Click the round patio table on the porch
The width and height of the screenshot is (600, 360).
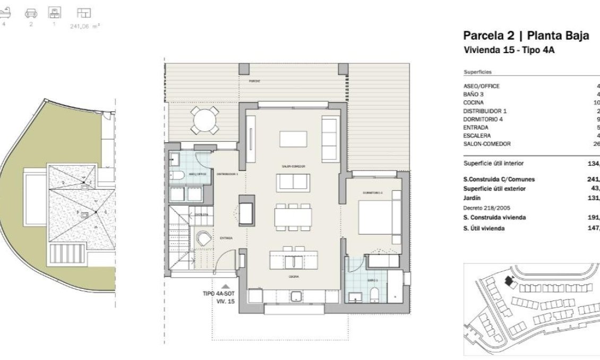pyautogui.click(x=205, y=121)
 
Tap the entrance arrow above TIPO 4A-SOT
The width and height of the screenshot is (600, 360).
pyautogui.click(x=225, y=286)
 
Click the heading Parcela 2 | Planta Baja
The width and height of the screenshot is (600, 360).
pyautogui.click(x=526, y=36)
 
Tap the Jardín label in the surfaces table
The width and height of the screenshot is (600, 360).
pyautogui.click(x=472, y=198)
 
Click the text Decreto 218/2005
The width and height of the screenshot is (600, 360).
pyautogui.click(x=485, y=208)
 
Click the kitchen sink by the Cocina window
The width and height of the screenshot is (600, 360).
pyautogui.click(x=295, y=296)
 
